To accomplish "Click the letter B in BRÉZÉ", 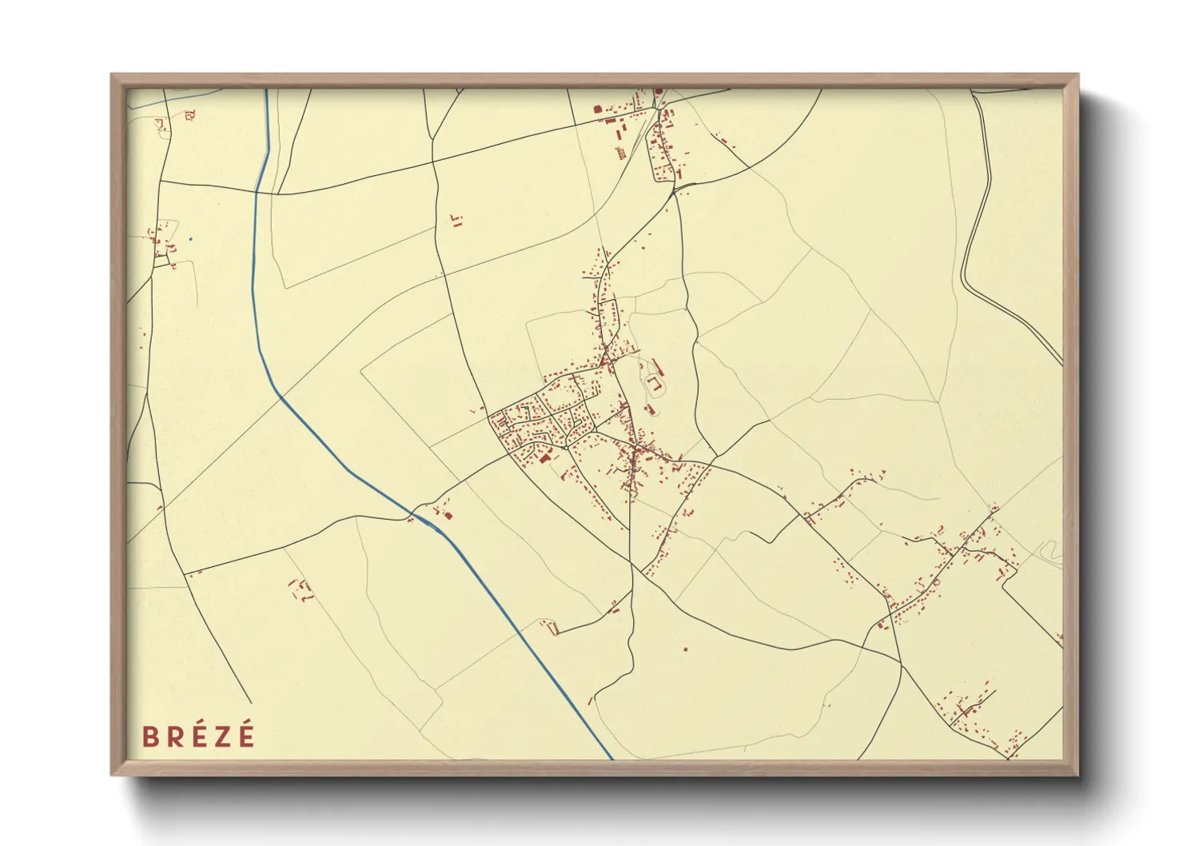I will click(149, 736).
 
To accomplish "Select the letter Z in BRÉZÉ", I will click(221, 736).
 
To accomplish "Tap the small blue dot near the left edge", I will click(190, 238).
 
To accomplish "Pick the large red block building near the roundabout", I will click(546, 459).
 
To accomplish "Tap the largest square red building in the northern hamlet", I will click(596, 110).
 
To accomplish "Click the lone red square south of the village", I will click(685, 648).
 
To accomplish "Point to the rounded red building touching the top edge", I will click(659, 91).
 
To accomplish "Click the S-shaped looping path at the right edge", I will click(1049, 551).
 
